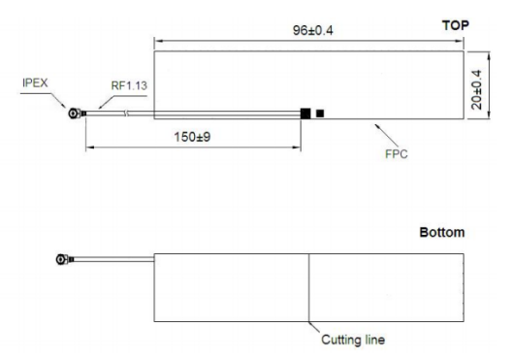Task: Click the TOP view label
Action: pyautogui.click(x=455, y=24)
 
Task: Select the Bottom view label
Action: pyautogui.click(x=441, y=233)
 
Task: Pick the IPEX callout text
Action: pyautogui.click(x=36, y=82)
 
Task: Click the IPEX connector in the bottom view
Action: pyautogui.click(x=65, y=260)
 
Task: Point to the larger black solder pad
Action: pyautogui.click(x=305, y=114)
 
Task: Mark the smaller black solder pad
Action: pyautogui.click(x=321, y=114)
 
